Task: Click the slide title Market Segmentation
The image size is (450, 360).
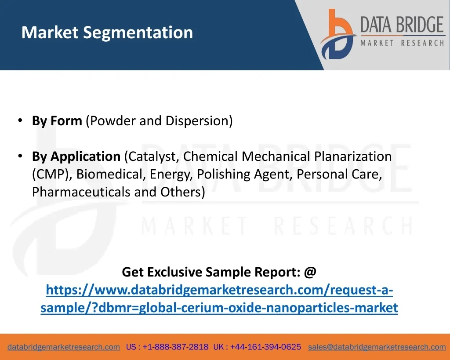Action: pos(107,33)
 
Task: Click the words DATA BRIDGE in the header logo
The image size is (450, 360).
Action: pos(402,25)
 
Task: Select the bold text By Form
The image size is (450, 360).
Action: pos(57,121)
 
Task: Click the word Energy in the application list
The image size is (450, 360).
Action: pos(171,175)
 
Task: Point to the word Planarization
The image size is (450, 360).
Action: pos(353,156)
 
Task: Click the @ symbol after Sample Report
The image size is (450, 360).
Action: pos(310,272)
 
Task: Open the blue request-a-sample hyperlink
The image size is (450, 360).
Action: pos(219,298)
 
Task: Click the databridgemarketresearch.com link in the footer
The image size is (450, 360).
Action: pos(64,347)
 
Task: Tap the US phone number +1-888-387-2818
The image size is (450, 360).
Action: pos(175,347)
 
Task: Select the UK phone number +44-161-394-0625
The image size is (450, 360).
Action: pos(265,347)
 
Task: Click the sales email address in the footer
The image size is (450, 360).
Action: pos(377,347)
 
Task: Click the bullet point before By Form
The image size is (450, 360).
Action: pos(20,120)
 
